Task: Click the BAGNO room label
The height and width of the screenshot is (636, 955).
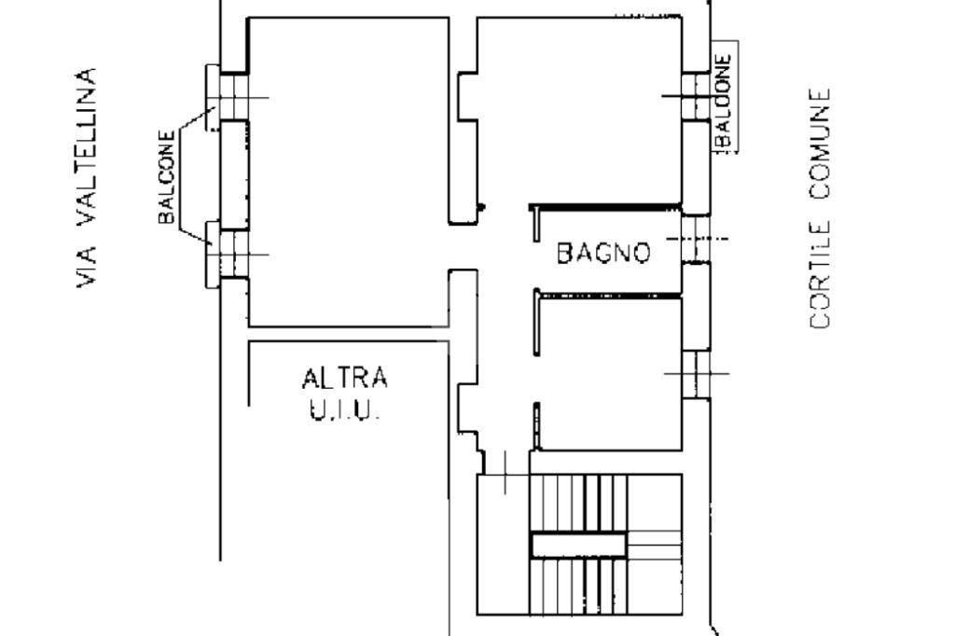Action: [603, 252]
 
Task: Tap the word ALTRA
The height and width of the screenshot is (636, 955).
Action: [345, 379]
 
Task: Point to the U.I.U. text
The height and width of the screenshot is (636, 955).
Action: [345, 409]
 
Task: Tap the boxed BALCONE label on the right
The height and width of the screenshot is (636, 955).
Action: [725, 98]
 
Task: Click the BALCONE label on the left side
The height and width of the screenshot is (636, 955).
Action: [167, 177]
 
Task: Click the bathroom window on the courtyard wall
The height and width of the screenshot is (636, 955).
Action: [693, 239]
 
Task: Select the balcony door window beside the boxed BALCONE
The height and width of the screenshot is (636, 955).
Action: [694, 96]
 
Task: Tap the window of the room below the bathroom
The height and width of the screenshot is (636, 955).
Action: [694, 373]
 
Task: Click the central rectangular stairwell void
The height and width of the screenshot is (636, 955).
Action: [577, 545]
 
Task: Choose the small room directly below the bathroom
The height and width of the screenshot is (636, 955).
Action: [611, 368]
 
